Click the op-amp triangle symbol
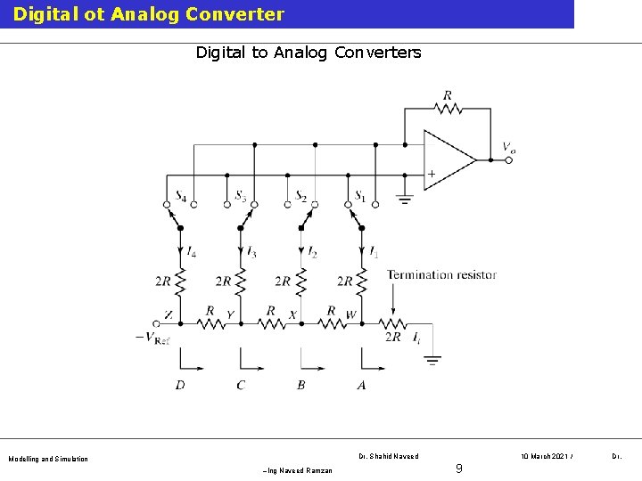tap(448, 159)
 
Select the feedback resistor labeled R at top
tap(447, 107)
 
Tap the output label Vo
tap(508, 149)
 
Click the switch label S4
tap(181, 196)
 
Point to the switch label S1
tap(360, 196)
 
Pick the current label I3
tap(251, 254)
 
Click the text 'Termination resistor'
tap(441, 274)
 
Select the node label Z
tap(169, 314)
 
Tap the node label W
tap(350, 314)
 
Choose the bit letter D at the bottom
tap(180, 385)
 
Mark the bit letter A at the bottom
tap(361, 385)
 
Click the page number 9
tap(458, 468)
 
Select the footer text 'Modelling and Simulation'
tap(48, 459)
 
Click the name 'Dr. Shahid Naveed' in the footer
tap(388, 456)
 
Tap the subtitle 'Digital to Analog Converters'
tap(309, 53)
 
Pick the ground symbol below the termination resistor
tap(432, 361)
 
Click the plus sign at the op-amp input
tap(432, 174)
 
